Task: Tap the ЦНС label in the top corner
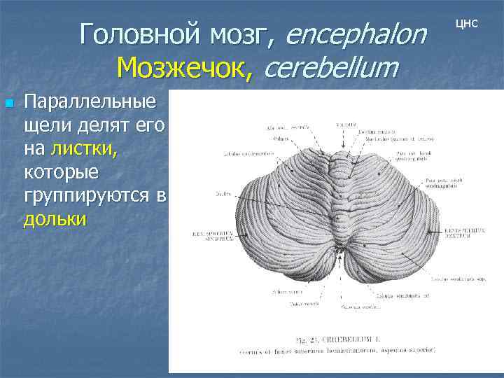467,23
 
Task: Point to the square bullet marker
8,104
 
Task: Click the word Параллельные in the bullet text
90,102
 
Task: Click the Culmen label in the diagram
282,138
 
